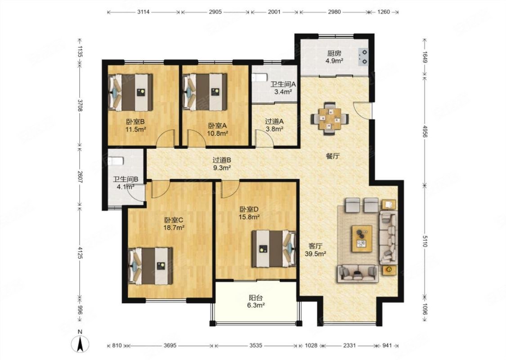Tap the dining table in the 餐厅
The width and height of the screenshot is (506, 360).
(330, 118)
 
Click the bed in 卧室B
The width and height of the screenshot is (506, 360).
(131, 92)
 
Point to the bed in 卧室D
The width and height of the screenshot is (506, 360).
(274, 248)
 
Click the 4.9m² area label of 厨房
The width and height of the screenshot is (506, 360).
(334, 60)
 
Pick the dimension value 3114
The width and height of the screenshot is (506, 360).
(143, 12)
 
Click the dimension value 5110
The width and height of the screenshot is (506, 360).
(424, 241)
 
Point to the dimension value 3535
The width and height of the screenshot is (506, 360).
(255, 346)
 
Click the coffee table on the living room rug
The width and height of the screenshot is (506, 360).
(362, 238)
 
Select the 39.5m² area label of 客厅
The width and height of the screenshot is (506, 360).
(315, 253)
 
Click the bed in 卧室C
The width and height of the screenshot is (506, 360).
(150, 265)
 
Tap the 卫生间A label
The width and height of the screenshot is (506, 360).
(283, 84)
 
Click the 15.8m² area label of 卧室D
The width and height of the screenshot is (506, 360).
(249, 217)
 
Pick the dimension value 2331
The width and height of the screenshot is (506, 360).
(349, 346)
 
